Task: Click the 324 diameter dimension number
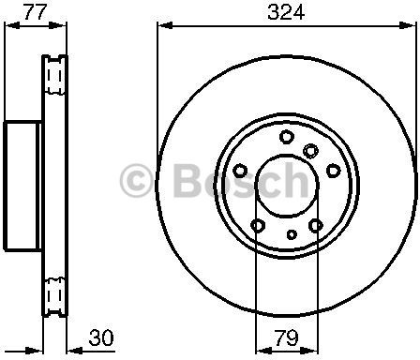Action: pos(286,13)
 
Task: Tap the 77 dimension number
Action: pos(35,13)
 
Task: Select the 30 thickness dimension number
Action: pos(101,337)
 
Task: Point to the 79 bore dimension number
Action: pos(287,337)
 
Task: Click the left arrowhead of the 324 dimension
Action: pos(165,25)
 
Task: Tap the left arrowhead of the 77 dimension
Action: pos(12,25)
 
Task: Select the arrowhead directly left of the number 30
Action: pos(75,351)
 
